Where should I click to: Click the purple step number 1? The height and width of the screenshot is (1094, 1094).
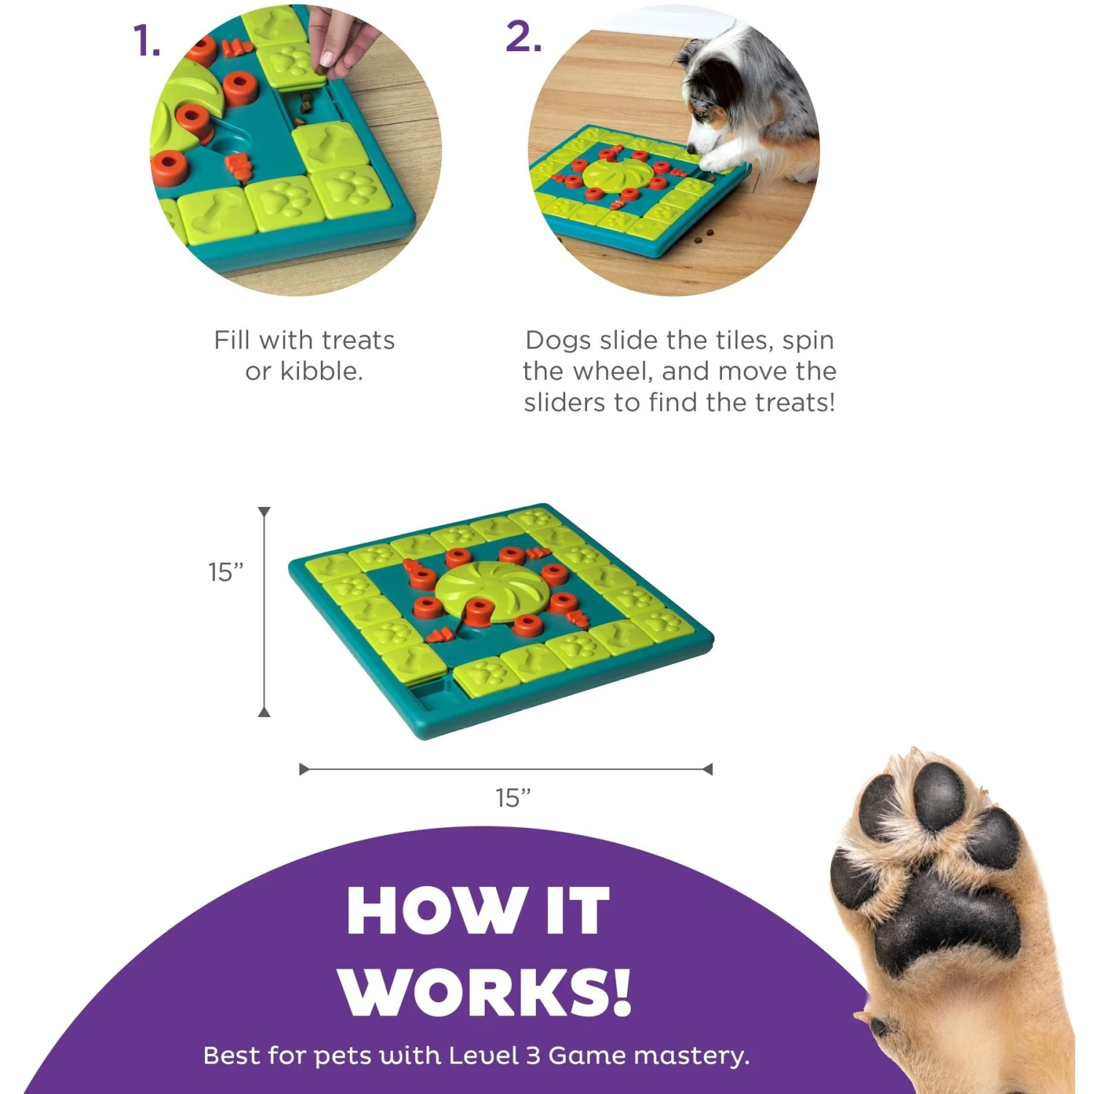coord(146,41)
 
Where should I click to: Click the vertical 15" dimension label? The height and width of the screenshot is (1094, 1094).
coord(225,573)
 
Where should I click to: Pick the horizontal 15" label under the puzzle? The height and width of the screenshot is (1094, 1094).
coord(513,798)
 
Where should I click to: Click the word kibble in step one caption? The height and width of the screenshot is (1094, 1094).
coord(321,372)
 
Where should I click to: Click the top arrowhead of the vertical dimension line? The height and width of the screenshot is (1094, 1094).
coord(264,512)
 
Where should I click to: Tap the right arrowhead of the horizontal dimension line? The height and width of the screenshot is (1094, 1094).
coord(707,769)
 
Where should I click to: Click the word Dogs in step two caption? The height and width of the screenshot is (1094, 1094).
coord(557,341)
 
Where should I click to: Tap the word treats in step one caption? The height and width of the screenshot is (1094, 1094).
coord(357,341)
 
